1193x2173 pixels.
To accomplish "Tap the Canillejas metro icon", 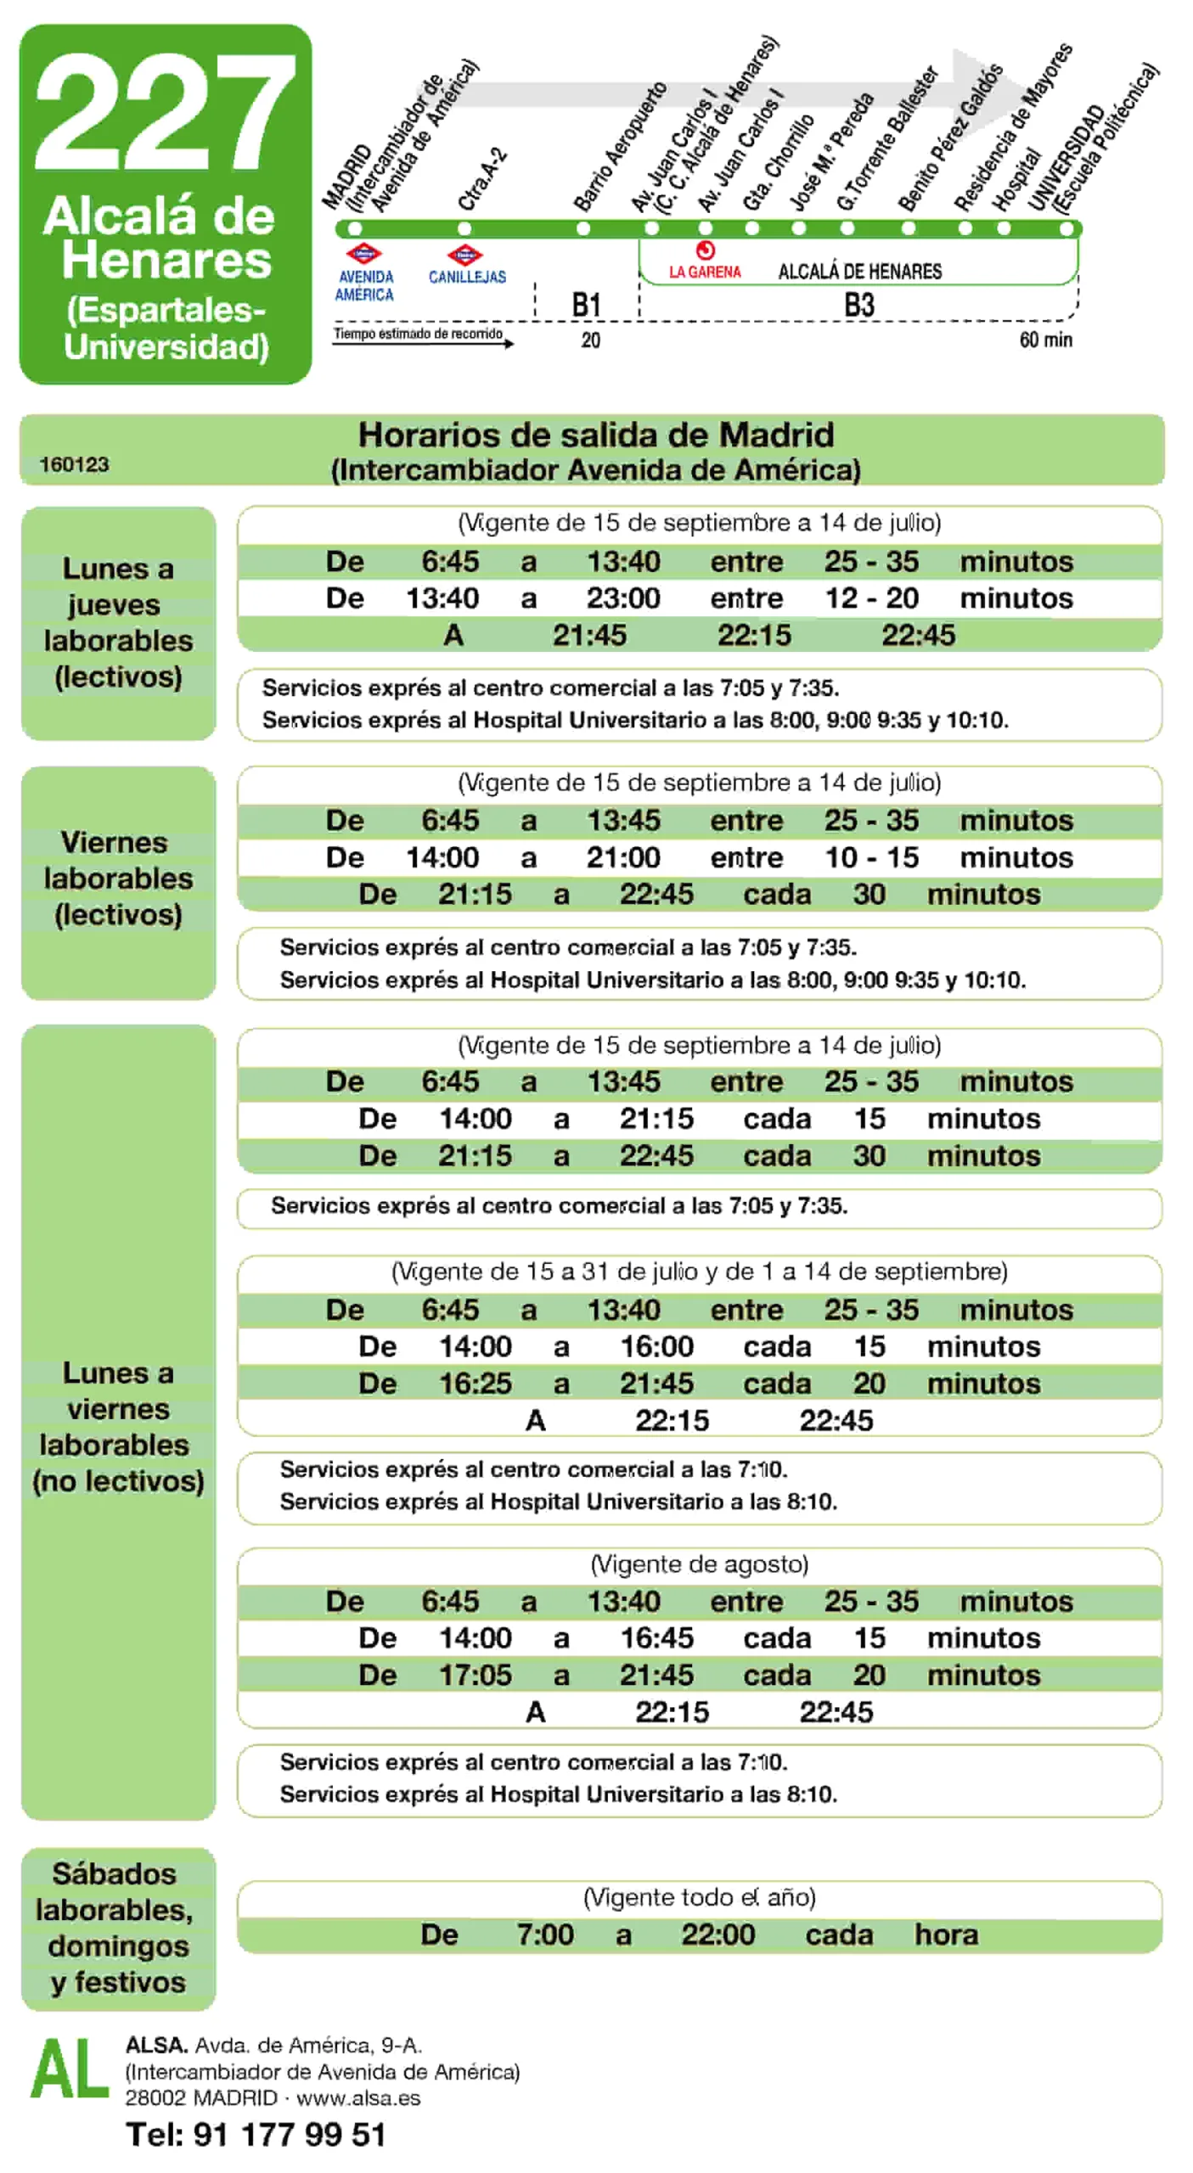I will tap(464, 254).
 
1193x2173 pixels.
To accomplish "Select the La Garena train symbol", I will tap(705, 250).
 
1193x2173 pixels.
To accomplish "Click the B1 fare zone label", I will tap(586, 305).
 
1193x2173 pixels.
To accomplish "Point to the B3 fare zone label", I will tap(858, 305).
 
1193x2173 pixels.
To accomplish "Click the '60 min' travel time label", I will tap(1044, 340).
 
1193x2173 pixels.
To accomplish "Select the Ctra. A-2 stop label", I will tap(481, 179).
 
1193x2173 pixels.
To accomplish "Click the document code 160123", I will tap(74, 463).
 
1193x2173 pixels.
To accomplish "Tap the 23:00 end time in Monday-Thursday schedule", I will tap(622, 598).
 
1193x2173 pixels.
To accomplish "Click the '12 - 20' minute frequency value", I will tap(871, 598).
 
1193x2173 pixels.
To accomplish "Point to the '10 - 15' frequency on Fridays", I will tap(871, 856).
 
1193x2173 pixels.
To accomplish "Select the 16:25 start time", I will tap(475, 1383).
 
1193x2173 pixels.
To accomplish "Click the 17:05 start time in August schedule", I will tap(475, 1674).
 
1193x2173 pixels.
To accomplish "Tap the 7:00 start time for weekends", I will tap(545, 1934).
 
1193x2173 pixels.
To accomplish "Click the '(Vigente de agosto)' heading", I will tap(699, 1564).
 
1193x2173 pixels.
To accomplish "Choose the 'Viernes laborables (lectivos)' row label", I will tap(118, 878).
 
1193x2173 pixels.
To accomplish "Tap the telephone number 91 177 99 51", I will tap(290, 2133).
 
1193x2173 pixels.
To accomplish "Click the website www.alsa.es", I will tap(357, 2097).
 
